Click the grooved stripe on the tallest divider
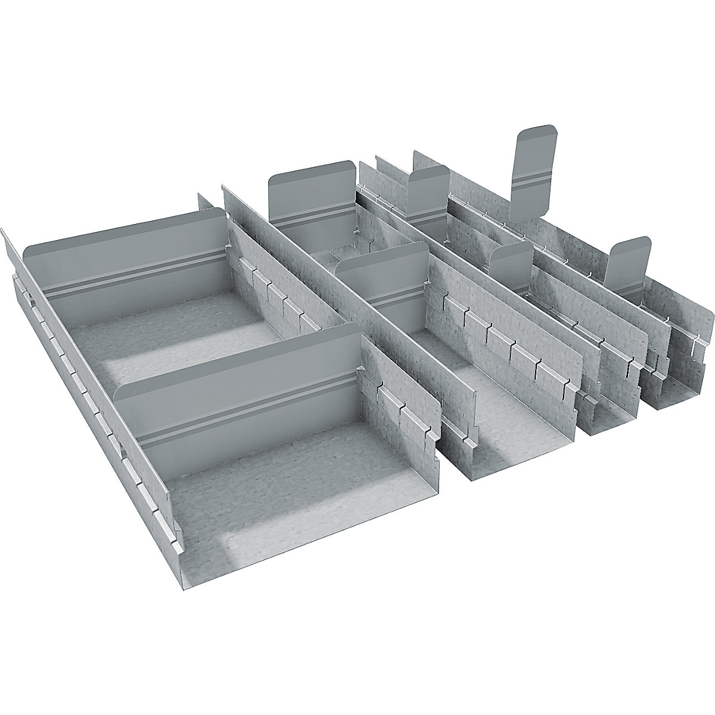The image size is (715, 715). click(532, 179)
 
